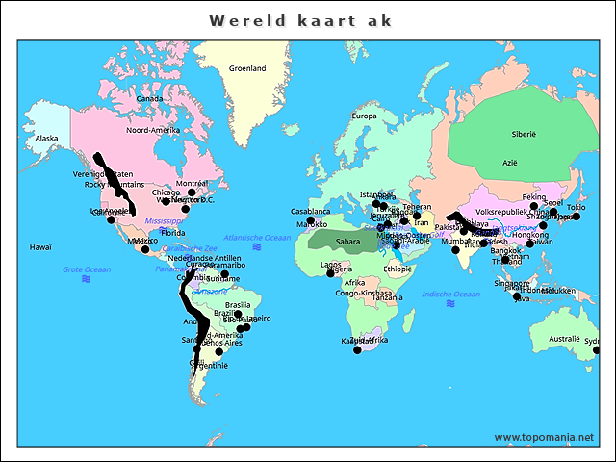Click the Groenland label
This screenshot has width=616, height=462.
click(247, 68)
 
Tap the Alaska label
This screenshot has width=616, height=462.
click(46, 139)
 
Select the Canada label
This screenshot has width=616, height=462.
click(149, 98)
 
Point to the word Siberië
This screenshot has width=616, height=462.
click(524, 134)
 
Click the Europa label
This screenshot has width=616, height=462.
click(364, 116)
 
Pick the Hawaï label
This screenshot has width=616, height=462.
click(39, 247)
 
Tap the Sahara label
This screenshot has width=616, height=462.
click(347, 242)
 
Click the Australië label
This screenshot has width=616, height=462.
click(564, 339)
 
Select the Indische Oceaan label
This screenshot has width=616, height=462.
click(450, 294)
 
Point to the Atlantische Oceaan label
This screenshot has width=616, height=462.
click(256, 237)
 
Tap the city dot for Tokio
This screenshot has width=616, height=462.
click(576, 217)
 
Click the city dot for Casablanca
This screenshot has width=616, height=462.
click(311, 220)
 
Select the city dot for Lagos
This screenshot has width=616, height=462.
click(330, 273)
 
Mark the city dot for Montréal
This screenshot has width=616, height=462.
click(192, 192)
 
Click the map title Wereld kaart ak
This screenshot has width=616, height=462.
click(301, 20)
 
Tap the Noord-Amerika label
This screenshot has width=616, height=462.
click(153, 130)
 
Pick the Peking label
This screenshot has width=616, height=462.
click(533, 197)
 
